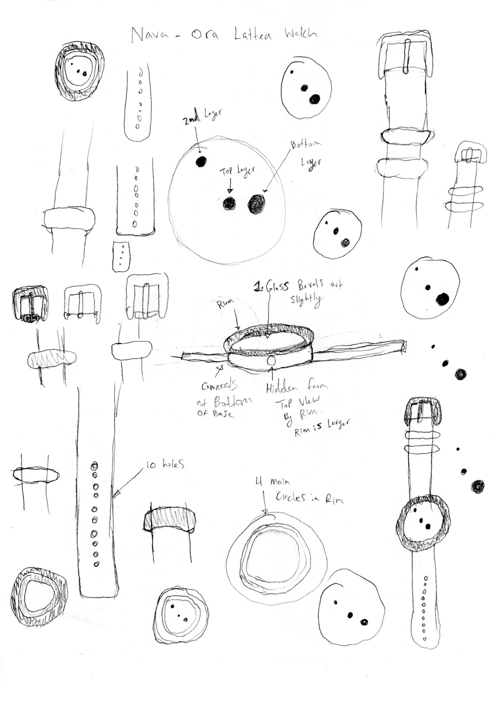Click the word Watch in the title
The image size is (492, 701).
point(300,34)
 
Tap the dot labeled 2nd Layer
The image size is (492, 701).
point(201,162)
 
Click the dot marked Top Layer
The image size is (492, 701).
point(229,203)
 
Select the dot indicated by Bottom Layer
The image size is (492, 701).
point(257,204)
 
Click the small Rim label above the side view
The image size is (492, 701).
point(225,305)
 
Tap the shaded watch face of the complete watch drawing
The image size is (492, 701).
point(423,524)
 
